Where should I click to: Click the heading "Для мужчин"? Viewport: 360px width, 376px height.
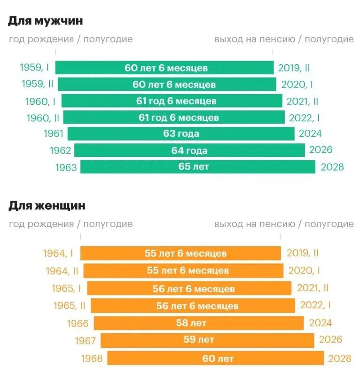point(46,21)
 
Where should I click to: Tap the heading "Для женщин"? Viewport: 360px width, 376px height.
point(47,205)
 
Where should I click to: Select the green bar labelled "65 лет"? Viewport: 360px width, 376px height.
point(197,167)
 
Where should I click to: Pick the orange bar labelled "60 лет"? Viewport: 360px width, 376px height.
point(215,358)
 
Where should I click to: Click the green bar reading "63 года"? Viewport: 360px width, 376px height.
point(181,133)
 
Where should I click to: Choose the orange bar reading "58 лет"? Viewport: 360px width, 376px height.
point(198,323)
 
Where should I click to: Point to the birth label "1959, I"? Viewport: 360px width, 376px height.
point(34,68)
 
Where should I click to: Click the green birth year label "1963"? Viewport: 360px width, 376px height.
point(66,167)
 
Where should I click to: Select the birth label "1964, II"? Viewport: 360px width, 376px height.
point(62,271)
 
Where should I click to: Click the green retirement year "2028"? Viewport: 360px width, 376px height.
point(332,167)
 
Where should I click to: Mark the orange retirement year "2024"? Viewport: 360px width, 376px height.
point(321,323)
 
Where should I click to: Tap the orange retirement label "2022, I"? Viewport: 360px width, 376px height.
point(315,305)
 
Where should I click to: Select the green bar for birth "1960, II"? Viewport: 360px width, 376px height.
point(174,117)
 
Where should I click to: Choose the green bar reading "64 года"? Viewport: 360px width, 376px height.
point(189,150)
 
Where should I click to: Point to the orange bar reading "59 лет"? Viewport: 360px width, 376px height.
point(207,340)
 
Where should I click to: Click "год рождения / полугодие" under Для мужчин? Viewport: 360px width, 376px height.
point(70,39)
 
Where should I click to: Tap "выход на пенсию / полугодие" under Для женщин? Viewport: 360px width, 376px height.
point(284,224)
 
